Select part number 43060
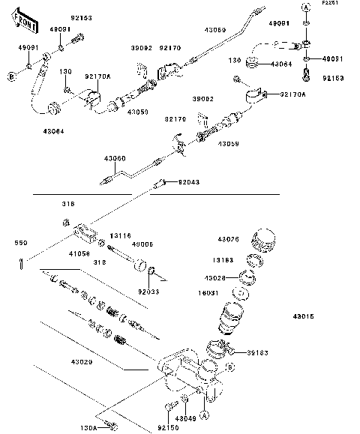click(114, 158)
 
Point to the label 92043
click(189, 182)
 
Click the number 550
click(22, 243)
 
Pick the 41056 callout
click(79, 253)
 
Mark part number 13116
click(121, 235)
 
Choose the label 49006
click(142, 244)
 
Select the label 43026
click(228, 239)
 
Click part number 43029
click(82, 362)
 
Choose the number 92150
click(168, 427)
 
